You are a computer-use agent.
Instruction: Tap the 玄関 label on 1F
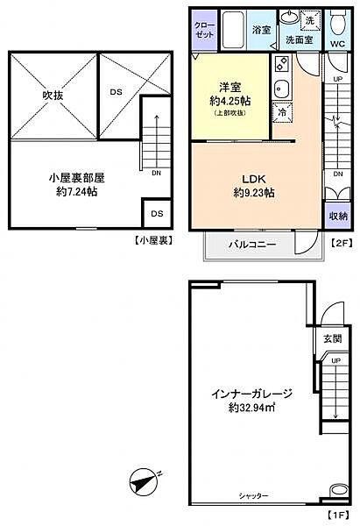tap(331, 338)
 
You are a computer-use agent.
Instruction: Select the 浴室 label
tap(261, 30)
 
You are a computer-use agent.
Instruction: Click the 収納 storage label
tap(338, 216)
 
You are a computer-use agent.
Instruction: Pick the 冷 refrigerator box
tap(282, 111)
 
